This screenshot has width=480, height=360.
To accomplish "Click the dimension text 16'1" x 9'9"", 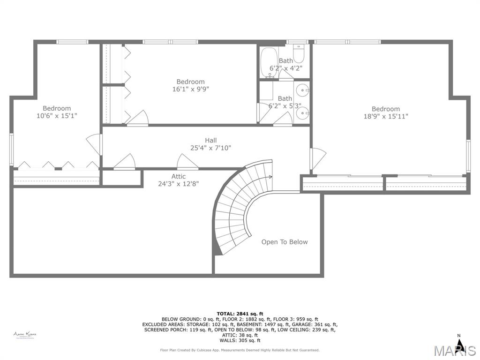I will click(190, 89).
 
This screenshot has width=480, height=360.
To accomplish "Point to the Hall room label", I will click(210, 140).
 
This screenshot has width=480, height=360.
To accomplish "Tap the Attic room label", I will click(178, 176).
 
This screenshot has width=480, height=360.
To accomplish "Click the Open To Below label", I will click(285, 242).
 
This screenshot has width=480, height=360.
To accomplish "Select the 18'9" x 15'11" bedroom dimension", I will click(386, 117).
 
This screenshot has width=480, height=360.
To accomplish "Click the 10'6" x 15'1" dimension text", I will click(57, 116).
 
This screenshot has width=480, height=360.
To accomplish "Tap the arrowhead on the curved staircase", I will click(270, 177).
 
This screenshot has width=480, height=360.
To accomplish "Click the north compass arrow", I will click(459, 345).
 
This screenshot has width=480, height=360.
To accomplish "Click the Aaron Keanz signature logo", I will click(25, 335).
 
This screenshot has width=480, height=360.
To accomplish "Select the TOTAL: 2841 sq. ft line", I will click(240, 314).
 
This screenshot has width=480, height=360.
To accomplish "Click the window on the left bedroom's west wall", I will click(12, 149).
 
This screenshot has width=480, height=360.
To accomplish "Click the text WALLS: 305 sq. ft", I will click(240, 340).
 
